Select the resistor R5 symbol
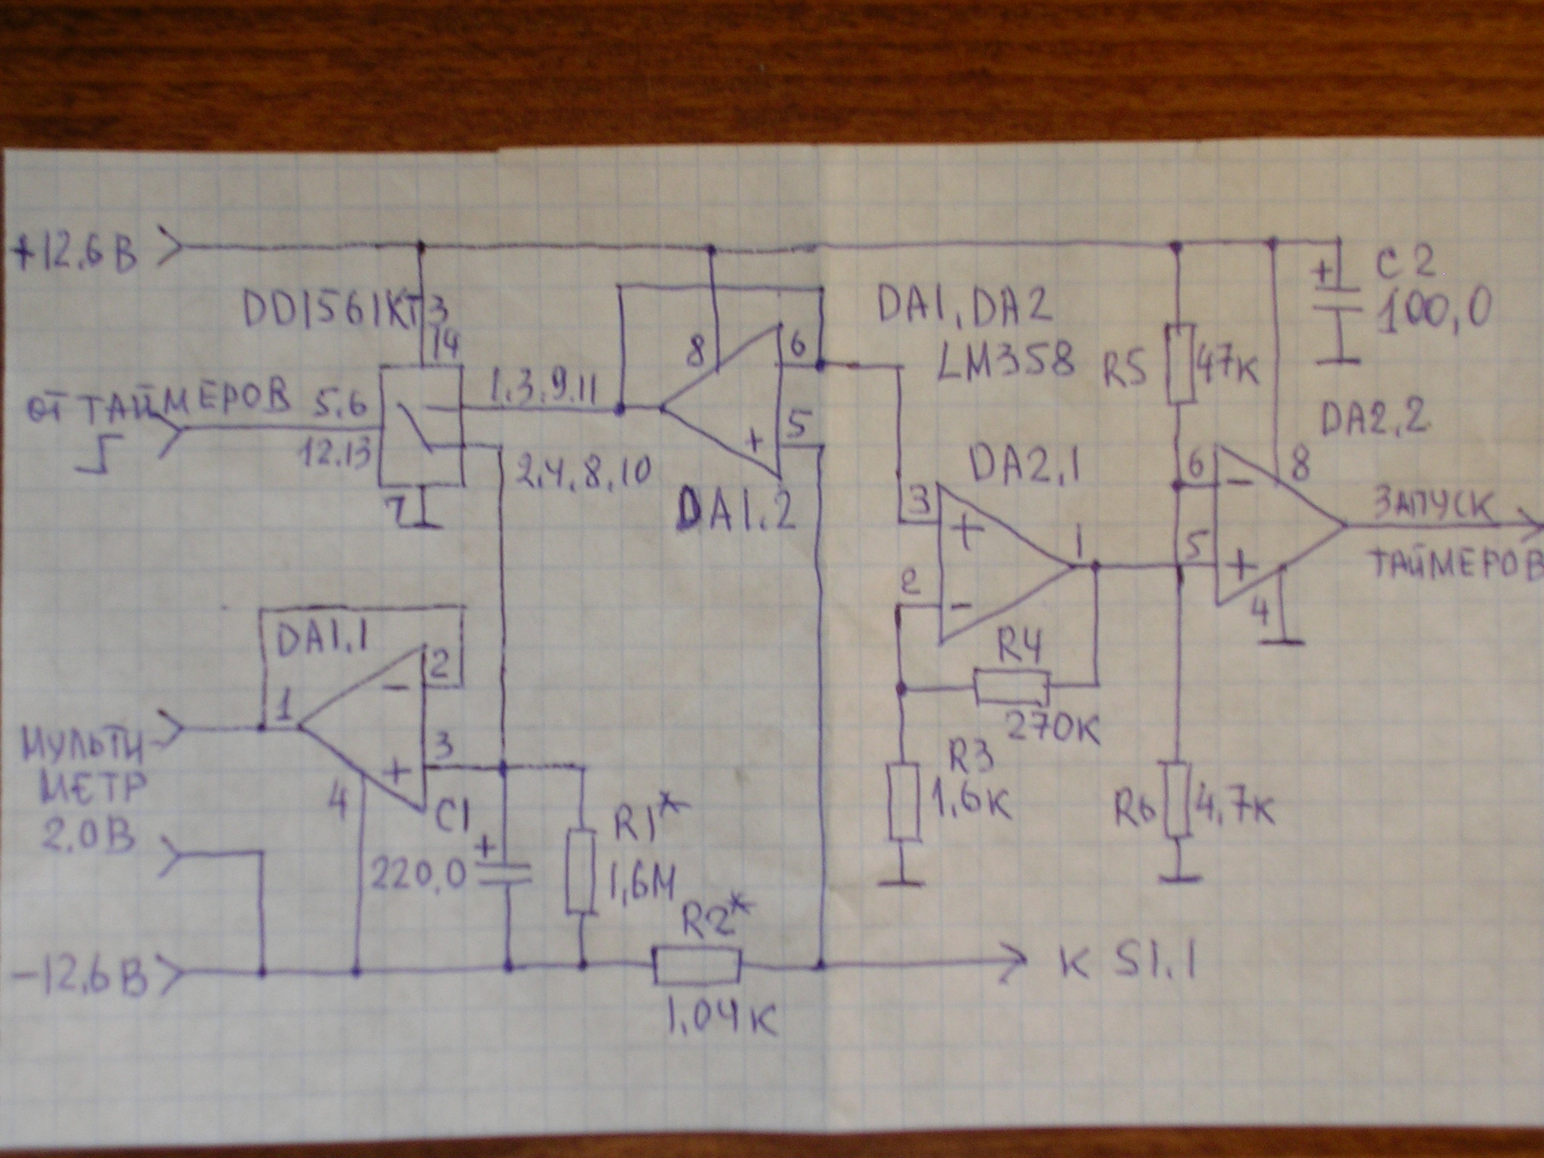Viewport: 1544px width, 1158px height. tap(1181, 363)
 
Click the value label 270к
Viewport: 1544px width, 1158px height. tap(1052, 728)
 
